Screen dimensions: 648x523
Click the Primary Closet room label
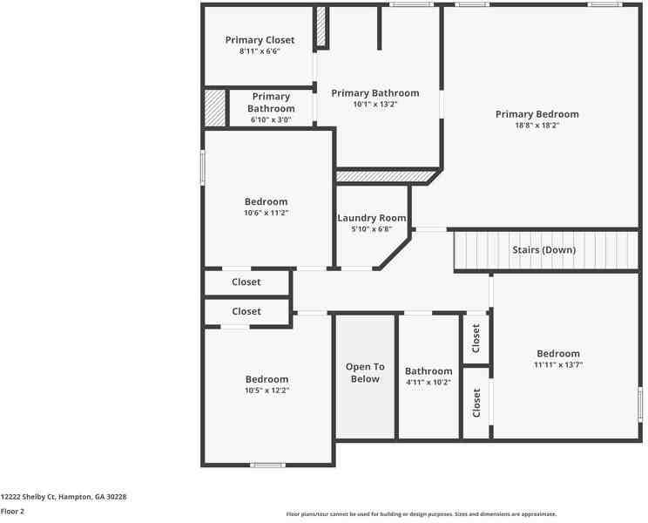(x=260, y=40)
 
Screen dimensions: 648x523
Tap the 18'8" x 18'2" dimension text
(x=537, y=126)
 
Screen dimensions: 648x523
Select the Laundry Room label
(x=372, y=218)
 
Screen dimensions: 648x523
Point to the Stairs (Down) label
(x=543, y=249)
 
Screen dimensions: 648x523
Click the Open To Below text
(x=365, y=372)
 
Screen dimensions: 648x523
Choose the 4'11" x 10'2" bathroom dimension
(x=429, y=383)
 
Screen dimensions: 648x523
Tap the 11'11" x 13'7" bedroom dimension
(x=558, y=364)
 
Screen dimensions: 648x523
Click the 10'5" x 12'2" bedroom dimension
(x=267, y=391)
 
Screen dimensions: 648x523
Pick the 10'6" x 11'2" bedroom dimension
(x=266, y=213)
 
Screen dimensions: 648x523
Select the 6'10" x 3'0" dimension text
(x=271, y=120)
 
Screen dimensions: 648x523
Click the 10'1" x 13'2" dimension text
(x=375, y=105)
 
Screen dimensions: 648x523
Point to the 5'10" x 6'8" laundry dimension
(x=372, y=229)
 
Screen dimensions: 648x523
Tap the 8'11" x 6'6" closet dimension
(x=260, y=51)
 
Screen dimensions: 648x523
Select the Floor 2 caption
(x=12, y=512)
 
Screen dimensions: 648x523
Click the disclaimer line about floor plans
(x=422, y=514)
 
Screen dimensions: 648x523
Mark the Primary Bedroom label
(x=537, y=114)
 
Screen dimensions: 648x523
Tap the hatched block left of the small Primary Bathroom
(x=215, y=108)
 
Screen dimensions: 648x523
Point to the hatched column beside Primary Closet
(x=321, y=26)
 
